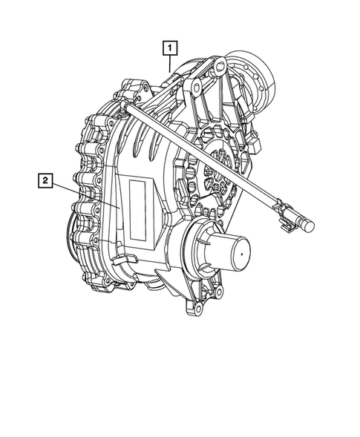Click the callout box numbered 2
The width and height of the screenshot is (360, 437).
pyautogui.click(x=46, y=180)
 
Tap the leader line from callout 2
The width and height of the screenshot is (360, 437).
pyautogui.click(x=85, y=196)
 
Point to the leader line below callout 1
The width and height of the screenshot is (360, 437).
pyautogui.click(x=171, y=64)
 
